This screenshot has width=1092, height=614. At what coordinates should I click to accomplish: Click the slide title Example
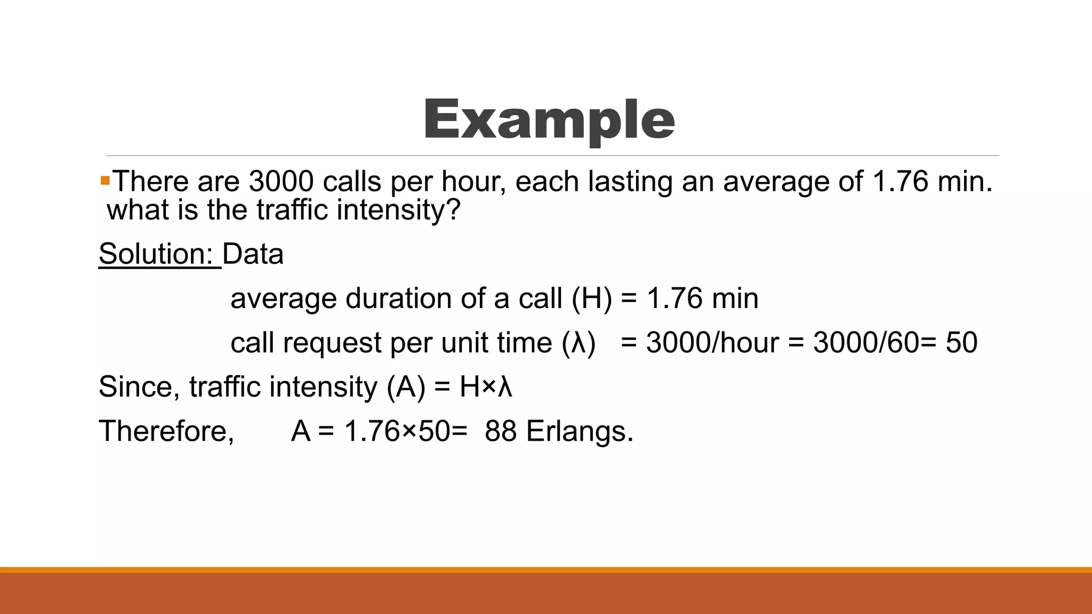tap(549, 120)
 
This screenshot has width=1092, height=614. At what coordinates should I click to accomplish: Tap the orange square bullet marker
tap(105, 181)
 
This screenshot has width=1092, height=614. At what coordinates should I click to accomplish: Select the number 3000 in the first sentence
tap(281, 182)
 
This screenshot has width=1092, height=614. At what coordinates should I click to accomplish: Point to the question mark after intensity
tap(453, 209)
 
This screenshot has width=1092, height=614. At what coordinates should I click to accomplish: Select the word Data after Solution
tap(253, 254)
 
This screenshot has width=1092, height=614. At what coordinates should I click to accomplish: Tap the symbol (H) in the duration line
tap(592, 298)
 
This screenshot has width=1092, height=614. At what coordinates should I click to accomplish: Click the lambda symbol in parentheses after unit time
tap(579, 343)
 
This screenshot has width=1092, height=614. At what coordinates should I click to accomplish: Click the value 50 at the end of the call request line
tap(961, 343)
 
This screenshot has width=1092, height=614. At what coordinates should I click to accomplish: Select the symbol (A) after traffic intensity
tap(406, 387)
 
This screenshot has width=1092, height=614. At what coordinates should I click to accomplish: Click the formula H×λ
tap(486, 387)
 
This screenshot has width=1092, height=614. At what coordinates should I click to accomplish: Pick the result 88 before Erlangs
tap(500, 431)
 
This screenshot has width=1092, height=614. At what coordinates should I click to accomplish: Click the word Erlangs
tap(580, 431)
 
